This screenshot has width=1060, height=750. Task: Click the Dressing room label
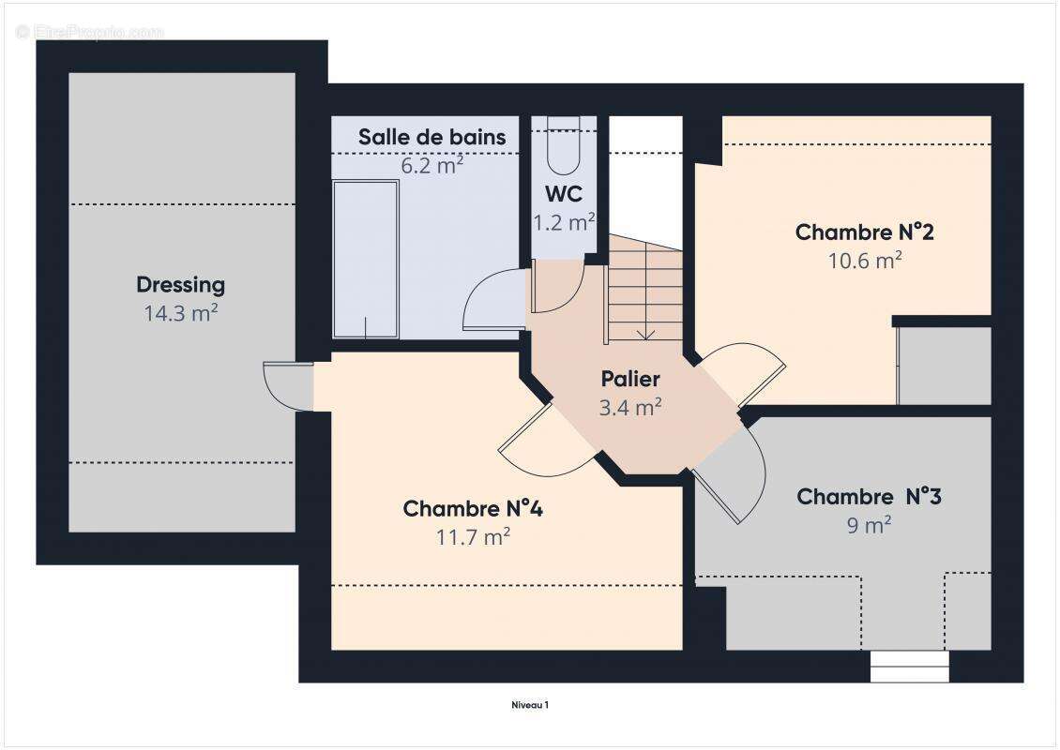pyautogui.click(x=180, y=284)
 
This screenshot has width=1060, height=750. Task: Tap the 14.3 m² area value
pyautogui.click(x=180, y=313)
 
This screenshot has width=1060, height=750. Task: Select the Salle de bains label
pyautogui.click(x=432, y=137)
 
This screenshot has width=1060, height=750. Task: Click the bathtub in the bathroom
pyautogui.click(x=366, y=259)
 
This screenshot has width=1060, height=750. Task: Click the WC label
pyautogui.click(x=564, y=195)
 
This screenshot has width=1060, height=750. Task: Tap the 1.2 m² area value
pyautogui.click(x=564, y=222)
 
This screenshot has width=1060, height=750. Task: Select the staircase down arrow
pyautogui.click(x=645, y=332)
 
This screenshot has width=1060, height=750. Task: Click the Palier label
pyautogui.click(x=630, y=379)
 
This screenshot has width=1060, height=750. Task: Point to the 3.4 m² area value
pyautogui.click(x=630, y=407)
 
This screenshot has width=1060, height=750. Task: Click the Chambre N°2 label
pyautogui.click(x=864, y=232)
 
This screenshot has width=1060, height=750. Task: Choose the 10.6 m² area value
pyautogui.click(x=864, y=261)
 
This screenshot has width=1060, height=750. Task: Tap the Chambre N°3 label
pyautogui.click(x=869, y=496)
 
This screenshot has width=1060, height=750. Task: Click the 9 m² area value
pyautogui.click(x=869, y=525)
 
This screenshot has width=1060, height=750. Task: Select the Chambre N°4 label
pyautogui.click(x=473, y=509)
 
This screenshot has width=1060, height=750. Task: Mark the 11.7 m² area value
pyautogui.click(x=473, y=537)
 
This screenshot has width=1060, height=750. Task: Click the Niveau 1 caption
pyautogui.click(x=529, y=704)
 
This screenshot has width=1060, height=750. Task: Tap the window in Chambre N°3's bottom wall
pyautogui.click(x=909, y=667)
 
